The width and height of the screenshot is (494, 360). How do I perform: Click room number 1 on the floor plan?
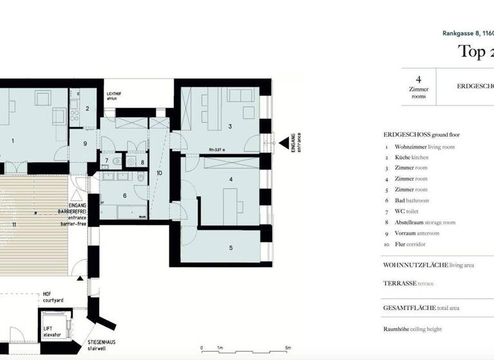pyautogui.click(x=12, y=139)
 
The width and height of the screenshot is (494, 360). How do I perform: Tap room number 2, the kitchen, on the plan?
pyautogui.click(x=87, y=109)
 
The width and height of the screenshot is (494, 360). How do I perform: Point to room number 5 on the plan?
pyautogui.click(x=230, y=247)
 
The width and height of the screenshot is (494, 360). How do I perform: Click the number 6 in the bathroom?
pyautogui.click(x=125, y=195)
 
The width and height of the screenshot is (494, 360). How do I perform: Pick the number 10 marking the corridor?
pyautogui.click(x=160, y=172)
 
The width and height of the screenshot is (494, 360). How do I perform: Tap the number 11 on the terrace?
pyautogui.click(x=14, y=224)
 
